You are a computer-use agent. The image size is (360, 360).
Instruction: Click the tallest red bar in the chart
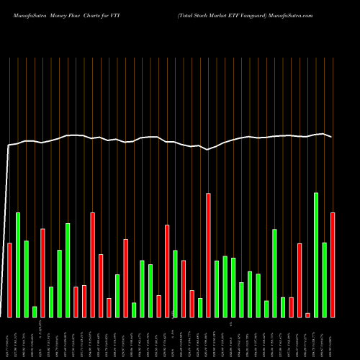point(209,255)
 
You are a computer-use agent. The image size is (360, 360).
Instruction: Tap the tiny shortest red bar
point(307,315)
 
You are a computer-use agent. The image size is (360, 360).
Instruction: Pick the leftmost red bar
point(9,280)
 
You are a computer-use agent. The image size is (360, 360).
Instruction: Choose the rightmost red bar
point(333,264)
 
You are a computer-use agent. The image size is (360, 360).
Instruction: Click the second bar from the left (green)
point(18,264)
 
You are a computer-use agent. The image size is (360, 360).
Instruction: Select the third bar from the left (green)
point(27,279)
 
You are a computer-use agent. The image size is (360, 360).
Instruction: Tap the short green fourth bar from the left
point(35,311)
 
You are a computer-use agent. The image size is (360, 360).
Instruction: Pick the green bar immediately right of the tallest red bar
point(217,289)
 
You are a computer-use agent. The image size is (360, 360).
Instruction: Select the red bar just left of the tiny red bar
point(300,280)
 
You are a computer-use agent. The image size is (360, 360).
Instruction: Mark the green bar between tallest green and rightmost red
point(325,279)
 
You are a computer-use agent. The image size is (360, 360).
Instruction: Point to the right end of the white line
point(332,137)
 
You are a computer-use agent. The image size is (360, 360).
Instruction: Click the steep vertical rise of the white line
point(7,230)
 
